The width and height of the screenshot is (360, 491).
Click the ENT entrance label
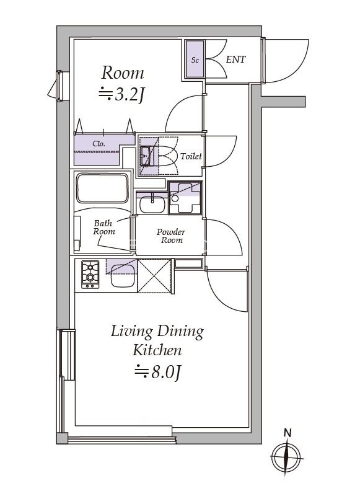click(235, 59)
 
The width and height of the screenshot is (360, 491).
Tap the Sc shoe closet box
click(195, 59)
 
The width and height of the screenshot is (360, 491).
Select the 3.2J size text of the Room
click(121, 94)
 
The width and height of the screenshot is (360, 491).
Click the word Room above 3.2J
click(123, 73)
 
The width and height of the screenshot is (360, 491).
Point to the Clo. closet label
click(99, 144)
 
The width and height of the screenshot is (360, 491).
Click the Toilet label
click(191, 156)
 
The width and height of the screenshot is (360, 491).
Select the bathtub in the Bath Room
click(102, 188)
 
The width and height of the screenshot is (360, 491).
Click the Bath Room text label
click(103, 228)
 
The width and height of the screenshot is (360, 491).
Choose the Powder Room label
click(170, 236)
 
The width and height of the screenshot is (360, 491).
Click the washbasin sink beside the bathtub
click(152, 204)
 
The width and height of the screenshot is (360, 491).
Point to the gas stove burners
click(90, 274)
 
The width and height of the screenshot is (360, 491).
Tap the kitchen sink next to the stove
click(123, 276)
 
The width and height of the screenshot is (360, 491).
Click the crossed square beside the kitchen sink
click(154, 276)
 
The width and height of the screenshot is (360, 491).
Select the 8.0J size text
click(158, 372)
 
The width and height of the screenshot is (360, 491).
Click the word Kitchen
click(157, 350)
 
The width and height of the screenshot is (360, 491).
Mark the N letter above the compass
click(287, 433)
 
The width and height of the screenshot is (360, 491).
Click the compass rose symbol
click(286, 458)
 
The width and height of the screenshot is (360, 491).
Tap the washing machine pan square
click(185, 198)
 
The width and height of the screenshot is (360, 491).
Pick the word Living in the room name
click(132, 332)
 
